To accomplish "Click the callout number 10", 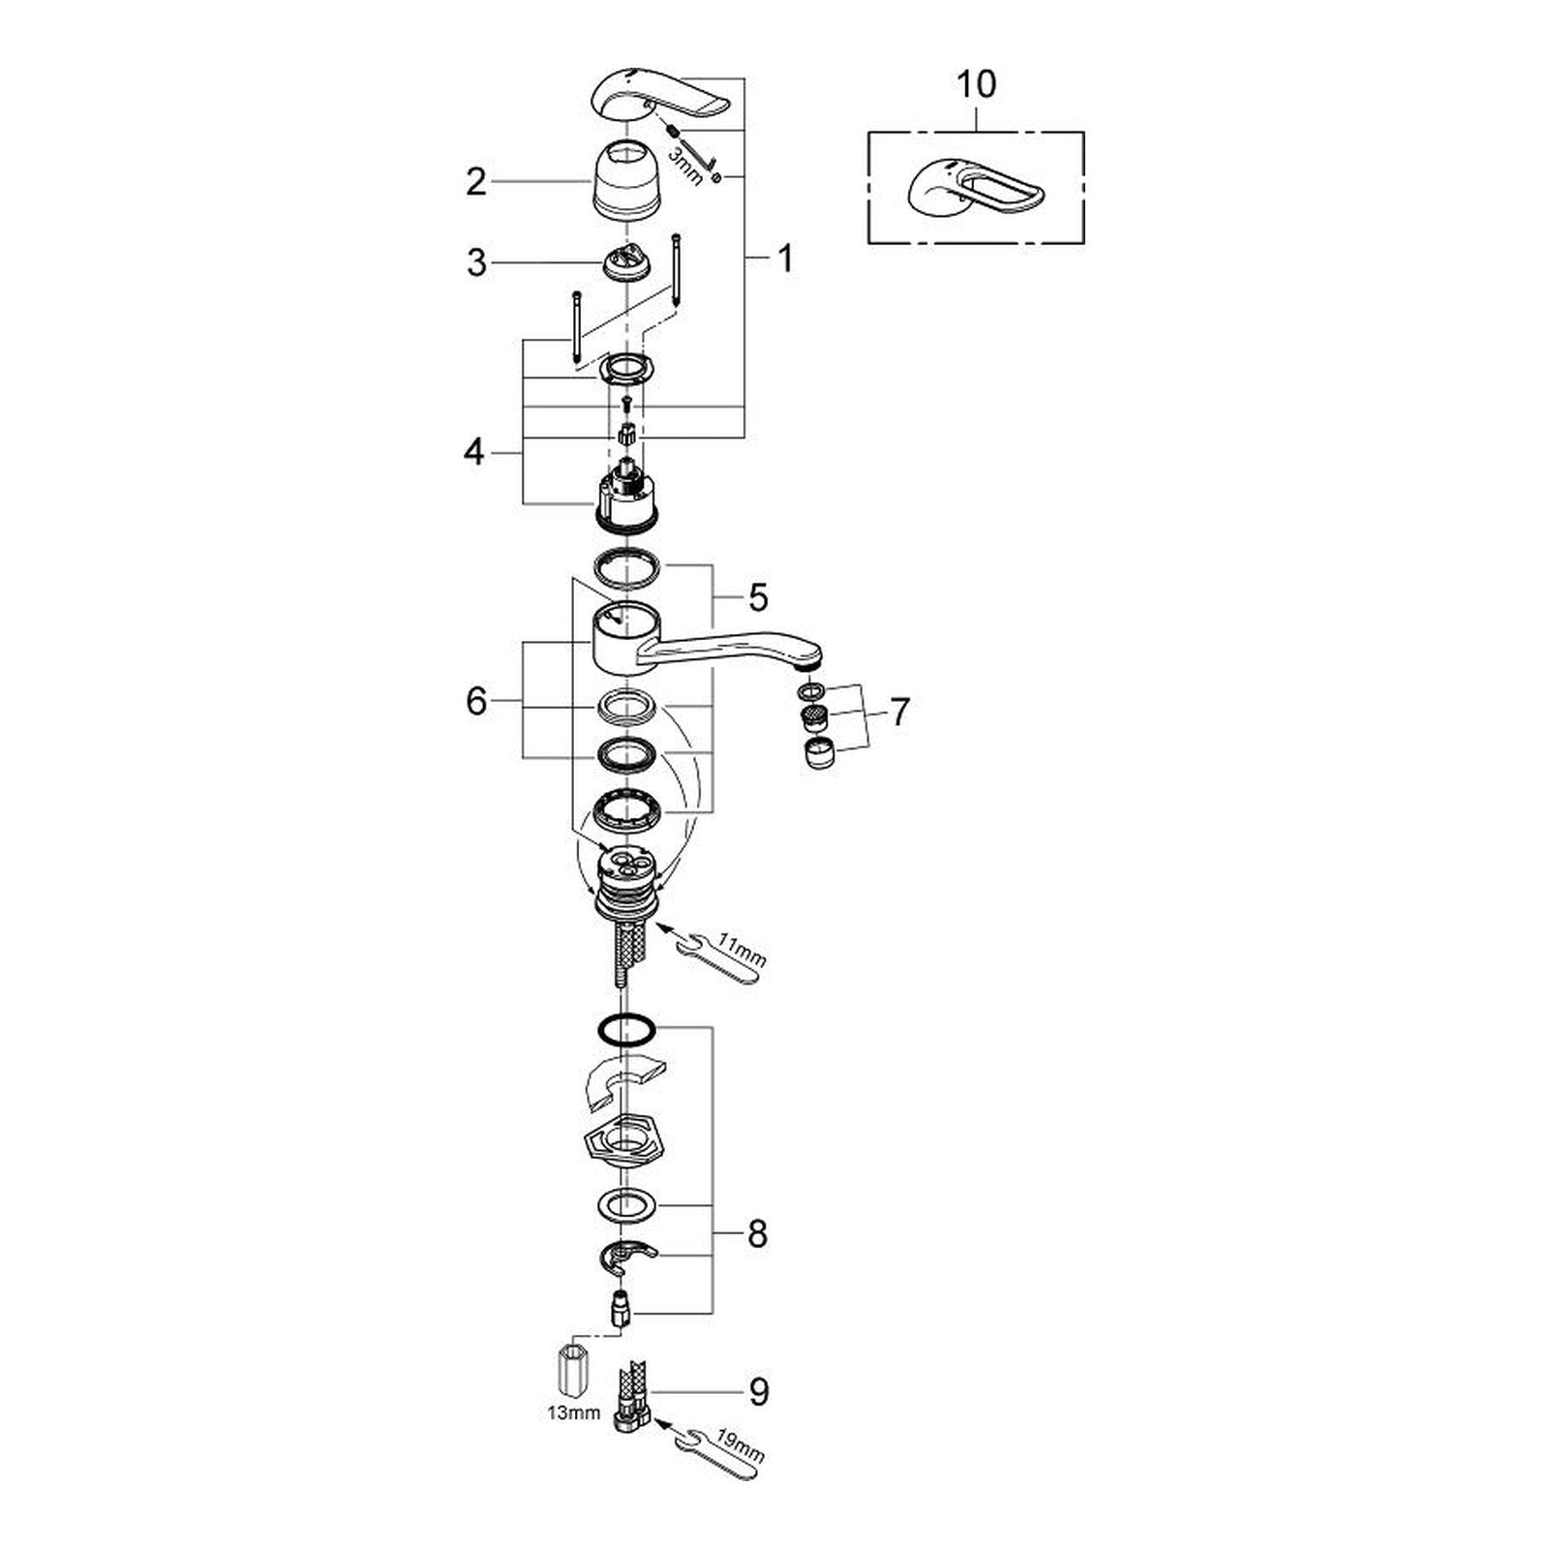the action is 976,84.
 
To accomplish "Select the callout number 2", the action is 475,182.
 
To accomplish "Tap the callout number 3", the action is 476,263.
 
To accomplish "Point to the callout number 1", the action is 785,258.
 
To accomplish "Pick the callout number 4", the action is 473,452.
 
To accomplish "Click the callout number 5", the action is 757,597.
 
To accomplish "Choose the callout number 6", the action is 475,701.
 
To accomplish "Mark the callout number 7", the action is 899,713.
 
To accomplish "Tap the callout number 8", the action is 757,1234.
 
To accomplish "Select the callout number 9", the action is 758,1392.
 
